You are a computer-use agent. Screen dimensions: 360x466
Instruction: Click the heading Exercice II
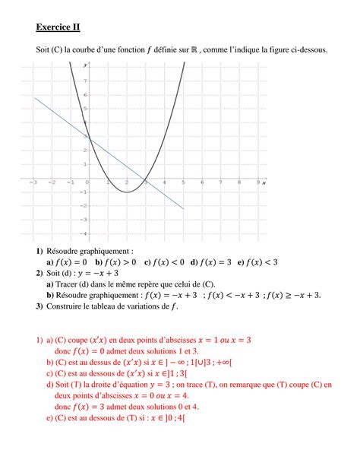point(57,28)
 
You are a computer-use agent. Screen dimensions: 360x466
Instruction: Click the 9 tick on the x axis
point(258,183)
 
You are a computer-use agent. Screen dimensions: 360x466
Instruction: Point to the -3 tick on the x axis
point(33,183)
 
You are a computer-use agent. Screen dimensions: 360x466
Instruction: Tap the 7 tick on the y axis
point(86,80)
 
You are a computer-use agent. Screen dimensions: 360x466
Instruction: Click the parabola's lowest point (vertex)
point(126,192)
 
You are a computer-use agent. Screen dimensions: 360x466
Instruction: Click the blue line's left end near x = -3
point(33,98)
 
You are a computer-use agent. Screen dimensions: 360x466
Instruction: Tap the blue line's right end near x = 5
point(183,208)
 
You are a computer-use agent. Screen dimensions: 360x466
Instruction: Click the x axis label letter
point(264,183)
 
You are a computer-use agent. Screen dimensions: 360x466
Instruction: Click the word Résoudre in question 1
point(68,250)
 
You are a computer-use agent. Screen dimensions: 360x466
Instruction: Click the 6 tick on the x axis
point(201,183)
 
